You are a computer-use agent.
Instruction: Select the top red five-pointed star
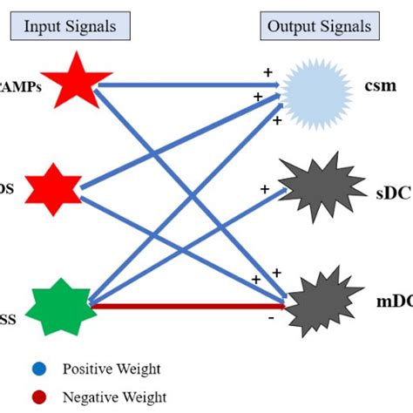tap(76, 83)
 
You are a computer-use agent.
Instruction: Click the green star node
tap(61, 306)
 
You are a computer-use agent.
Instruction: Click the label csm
tap(381, 88)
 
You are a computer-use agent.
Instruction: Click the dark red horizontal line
tap(187, 307)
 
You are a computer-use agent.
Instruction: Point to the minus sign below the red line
tap(272, 319)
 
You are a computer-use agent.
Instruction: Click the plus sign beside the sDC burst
tap(264, 188)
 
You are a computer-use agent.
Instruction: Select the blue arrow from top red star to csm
tap(192, 85)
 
